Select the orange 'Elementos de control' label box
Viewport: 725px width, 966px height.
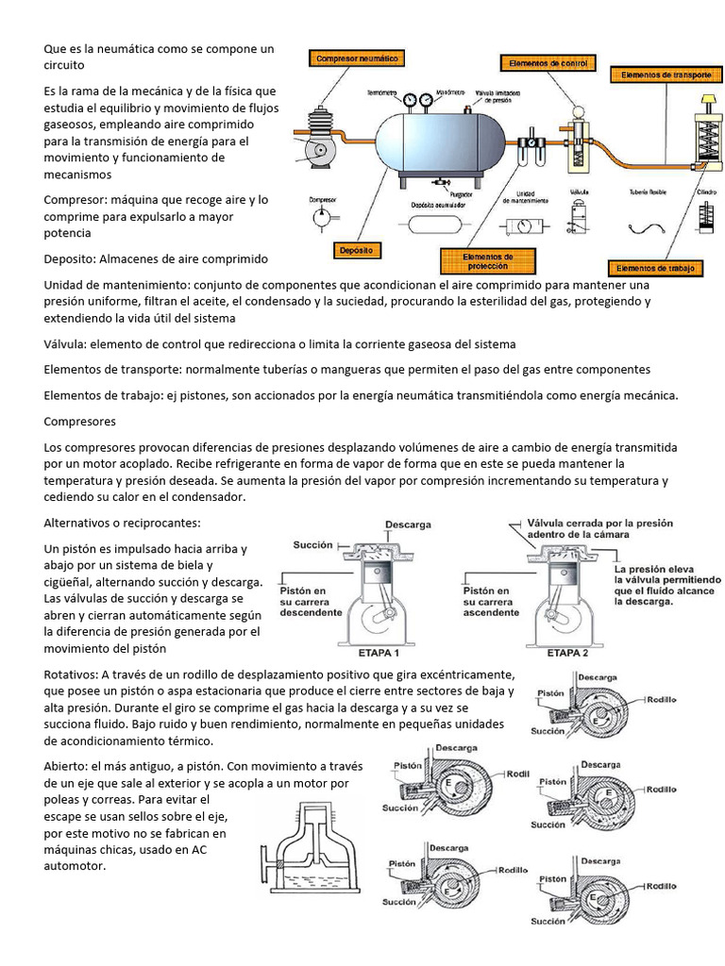coord(548,63)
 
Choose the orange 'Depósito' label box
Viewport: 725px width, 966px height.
coord(356,251)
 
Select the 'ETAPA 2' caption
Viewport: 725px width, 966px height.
coord(567,652)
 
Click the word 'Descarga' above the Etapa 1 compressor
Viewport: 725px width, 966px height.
coord(409,525)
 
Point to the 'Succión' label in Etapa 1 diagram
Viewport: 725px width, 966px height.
coord(312,544)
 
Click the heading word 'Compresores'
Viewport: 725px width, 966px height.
coord(80,421)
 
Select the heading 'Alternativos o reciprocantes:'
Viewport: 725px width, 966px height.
coord(123,523)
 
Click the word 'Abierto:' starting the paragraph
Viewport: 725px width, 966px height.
coord(67,766)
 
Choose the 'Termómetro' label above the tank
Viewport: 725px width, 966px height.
coord(380,93)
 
